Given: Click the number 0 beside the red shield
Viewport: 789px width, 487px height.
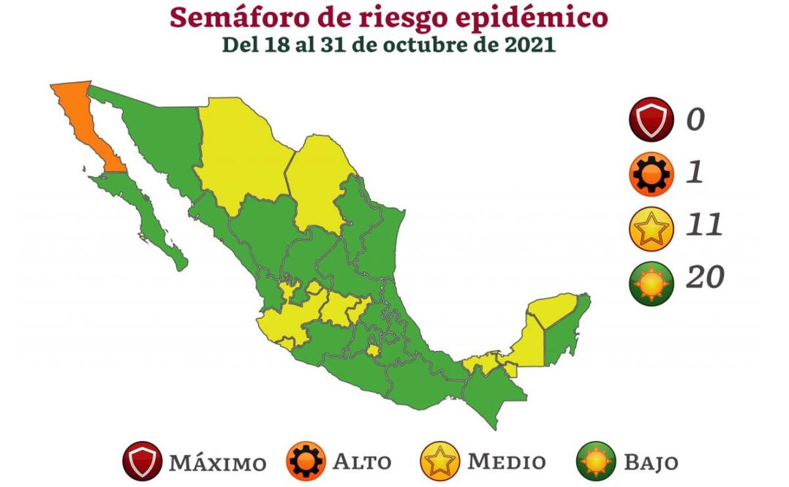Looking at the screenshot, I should (695, 119).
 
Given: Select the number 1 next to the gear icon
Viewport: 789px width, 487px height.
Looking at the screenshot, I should (694, 173).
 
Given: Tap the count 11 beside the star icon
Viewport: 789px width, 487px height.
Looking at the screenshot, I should (703, 225).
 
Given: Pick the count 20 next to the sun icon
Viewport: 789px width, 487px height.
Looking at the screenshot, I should (705, 277).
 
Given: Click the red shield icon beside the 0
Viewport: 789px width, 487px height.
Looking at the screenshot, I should (650, 119).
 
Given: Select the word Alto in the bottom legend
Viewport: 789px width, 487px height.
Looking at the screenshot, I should (362, 462).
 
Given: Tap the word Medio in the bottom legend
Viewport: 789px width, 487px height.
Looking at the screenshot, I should (506, 462).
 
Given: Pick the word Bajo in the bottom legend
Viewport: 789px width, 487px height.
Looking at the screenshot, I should (650, 463).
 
